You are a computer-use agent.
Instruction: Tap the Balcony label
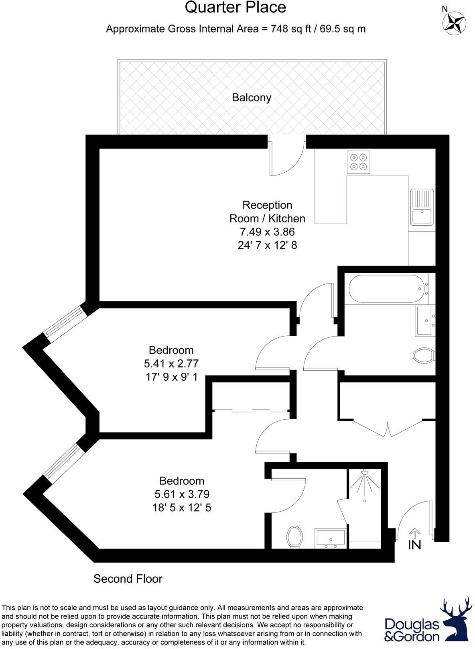[x=252, y=98]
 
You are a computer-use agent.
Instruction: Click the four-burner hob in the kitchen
[x=358, y=162]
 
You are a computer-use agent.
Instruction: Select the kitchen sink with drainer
[x=421, y=207]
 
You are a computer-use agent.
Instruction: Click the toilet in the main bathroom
[x=423, y=355]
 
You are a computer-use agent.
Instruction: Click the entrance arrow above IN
[x=414, y=533]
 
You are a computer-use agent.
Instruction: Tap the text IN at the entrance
[x=414, y=545]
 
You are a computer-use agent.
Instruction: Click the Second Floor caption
[x=128, y=579]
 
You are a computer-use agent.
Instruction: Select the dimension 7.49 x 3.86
[x=267, y=232]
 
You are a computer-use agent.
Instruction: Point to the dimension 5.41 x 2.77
[x=171, y=363]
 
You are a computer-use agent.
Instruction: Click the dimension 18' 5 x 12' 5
[x=182, y=508]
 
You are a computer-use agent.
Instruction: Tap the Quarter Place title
[x=235, y=7]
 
